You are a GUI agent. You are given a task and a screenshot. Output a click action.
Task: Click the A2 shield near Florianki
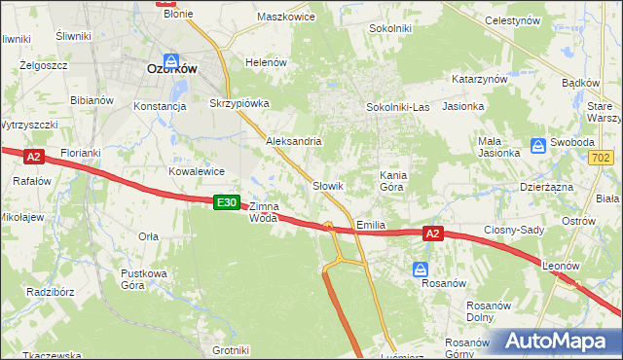(x=33, y=156)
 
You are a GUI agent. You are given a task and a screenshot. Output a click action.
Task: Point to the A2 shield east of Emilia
(x=434, y=234)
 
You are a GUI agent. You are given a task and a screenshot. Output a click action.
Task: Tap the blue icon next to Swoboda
(x=538, y=146)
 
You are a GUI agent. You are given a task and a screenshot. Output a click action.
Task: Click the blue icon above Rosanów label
(x=420, y=269)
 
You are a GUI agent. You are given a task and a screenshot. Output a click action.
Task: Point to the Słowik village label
(x=328, y=185)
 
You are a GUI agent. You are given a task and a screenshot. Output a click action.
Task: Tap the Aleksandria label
(x=294, y=141)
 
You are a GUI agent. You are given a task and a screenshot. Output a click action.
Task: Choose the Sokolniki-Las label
(x=397, y=106)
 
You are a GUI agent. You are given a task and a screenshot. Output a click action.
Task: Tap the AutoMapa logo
(x=558, y=341)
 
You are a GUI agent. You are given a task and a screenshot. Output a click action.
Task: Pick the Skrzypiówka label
(x=238, y=102)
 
